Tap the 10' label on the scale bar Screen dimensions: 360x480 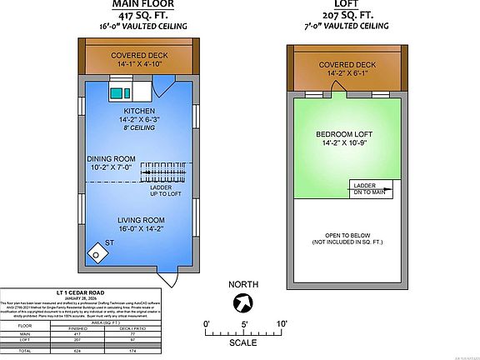(x=282, y=323)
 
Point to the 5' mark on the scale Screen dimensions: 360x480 (x=245, y=323)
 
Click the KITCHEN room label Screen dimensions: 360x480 (x=139, y=111)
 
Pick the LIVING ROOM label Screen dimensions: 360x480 (x=140, y=220)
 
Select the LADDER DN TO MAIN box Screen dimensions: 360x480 (x=369, y=188)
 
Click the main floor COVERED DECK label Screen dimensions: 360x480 (x=139, y=56)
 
